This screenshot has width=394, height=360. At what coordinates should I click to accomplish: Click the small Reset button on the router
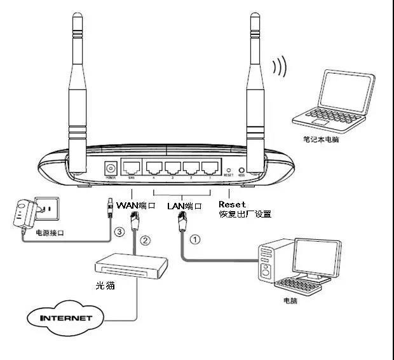point(229,170)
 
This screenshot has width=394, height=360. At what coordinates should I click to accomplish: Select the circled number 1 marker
point(196,240)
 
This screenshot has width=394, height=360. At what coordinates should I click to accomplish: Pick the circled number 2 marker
point(145,240)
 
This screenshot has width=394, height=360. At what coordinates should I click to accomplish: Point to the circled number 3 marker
point(119,232)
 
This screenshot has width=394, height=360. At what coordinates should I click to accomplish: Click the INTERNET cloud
point(66,317)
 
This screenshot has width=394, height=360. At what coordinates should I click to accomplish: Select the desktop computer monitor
point(316,258)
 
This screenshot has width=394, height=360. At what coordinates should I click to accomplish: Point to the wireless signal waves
point(278,66)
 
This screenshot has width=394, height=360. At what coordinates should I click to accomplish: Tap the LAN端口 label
point(184,205)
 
